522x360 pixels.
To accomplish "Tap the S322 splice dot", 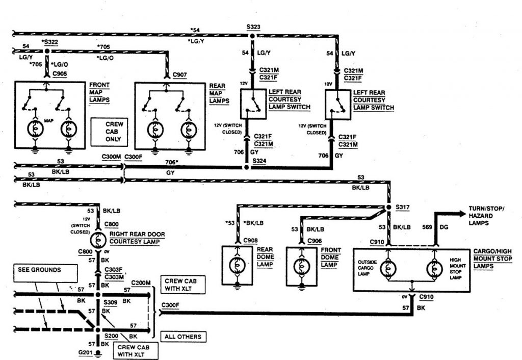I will tap(46, 51).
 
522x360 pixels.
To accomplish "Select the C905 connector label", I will tap(60, 73).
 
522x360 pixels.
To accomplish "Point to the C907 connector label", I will tap(180, 75).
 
